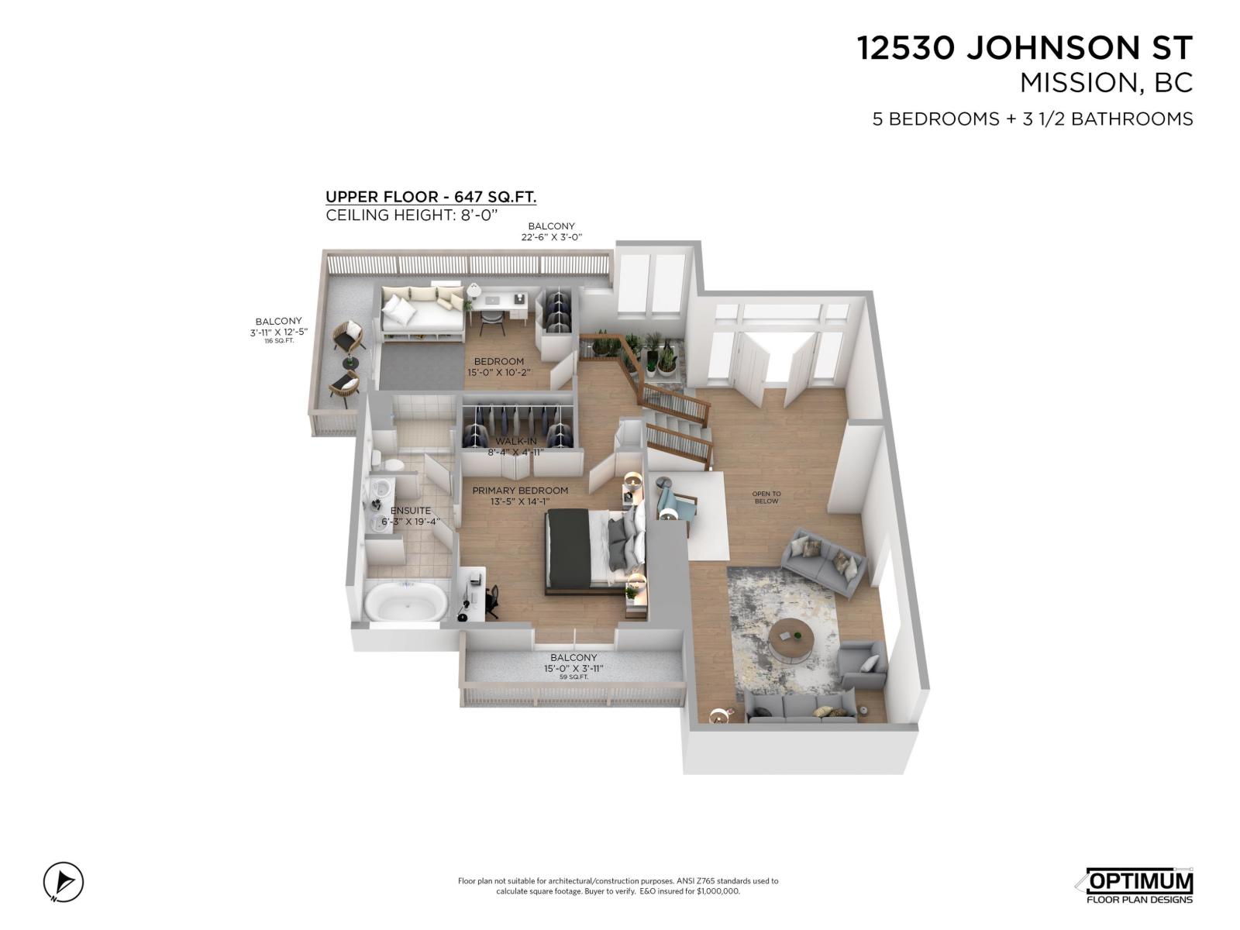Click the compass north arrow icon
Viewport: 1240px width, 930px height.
[x=63, y=881]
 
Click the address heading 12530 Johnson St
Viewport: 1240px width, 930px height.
[x=1025, y=48]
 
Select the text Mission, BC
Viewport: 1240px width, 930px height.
[x=1106, y=83]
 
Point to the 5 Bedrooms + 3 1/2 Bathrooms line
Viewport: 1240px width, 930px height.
[x=1032, y=119]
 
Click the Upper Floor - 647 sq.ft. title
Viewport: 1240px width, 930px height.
[x=431, y=197]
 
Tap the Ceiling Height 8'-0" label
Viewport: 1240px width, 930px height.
[x=411, y=215]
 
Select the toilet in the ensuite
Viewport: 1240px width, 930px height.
[x=392, y=463]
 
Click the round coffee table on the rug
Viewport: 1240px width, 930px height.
[x=792, y=638]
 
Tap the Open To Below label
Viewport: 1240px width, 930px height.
[x=766, y=498]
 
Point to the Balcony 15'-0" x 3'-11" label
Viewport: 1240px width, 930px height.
[x=573, y=663]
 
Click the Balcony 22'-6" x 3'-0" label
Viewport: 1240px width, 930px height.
[x=551, y=232]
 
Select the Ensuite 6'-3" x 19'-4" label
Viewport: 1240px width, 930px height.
[x=411, y=516]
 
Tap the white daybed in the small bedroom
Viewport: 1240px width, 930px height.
[x=422, y=309]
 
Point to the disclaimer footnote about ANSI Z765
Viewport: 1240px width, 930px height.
[x=618, y=886]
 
